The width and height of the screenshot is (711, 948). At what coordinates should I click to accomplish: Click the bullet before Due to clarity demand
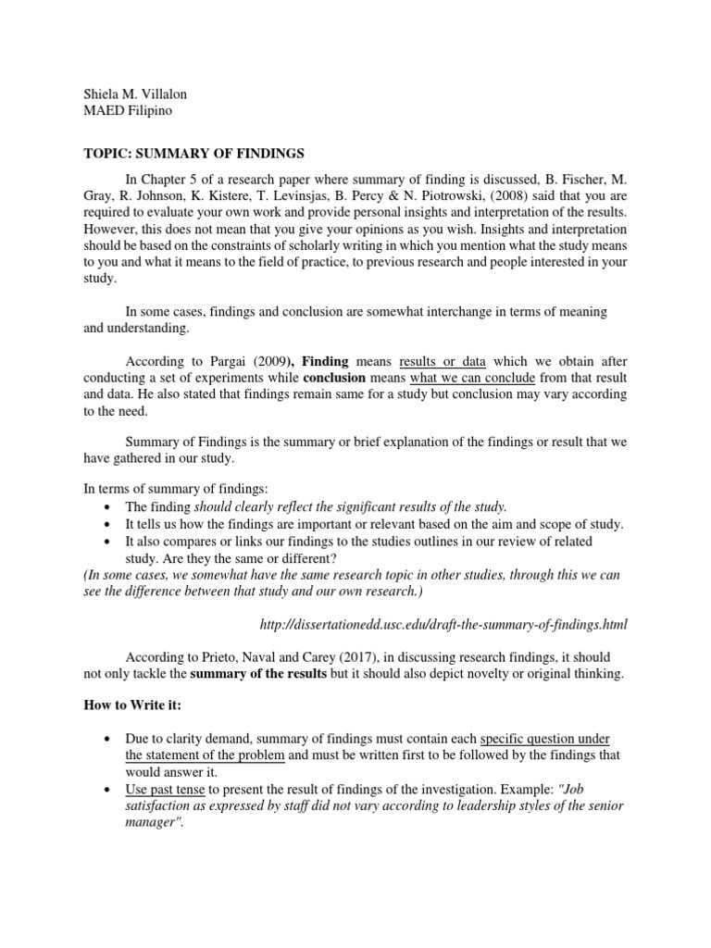(106, 739)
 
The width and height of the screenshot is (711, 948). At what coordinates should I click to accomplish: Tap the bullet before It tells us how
(106, 524)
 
